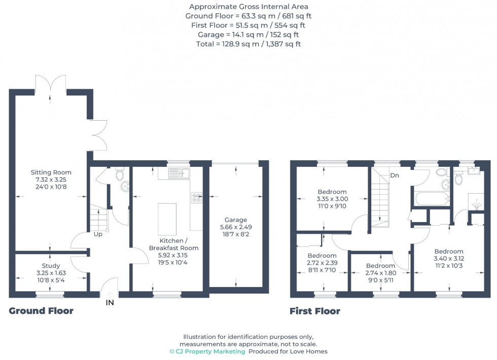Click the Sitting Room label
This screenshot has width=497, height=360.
[51, 172]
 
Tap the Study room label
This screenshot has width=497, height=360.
[51, 266]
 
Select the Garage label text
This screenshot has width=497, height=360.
[236, 220]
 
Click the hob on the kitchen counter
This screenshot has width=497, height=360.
[196, 198]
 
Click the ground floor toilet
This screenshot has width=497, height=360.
[120, 175]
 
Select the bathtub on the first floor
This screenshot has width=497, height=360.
[431, 198]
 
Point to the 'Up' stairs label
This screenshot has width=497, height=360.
[98, 235]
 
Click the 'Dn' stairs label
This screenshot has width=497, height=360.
[394, 175]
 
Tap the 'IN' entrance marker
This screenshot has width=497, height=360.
[110, 303]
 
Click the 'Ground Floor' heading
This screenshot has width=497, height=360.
[41, 311]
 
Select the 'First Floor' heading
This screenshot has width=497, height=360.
[315, 311]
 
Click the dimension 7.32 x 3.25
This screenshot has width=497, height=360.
[51, 179]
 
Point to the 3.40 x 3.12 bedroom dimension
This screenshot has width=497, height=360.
[449, 259]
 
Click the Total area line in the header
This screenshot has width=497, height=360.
[248, 44]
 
